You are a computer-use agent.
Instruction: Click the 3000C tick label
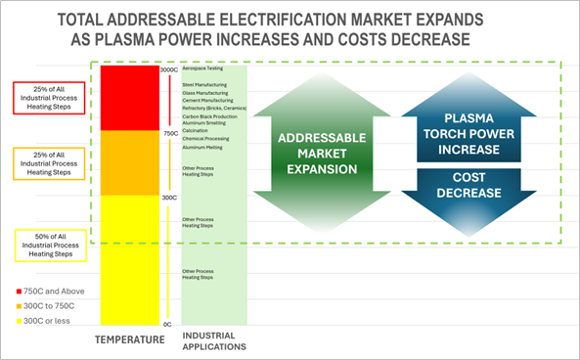(169, 70)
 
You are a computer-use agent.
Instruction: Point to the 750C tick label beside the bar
(169, 133)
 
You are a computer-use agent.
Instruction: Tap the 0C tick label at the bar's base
(167, 324)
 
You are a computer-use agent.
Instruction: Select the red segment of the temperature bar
(129, 98)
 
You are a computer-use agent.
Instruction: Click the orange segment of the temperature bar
(129, 162)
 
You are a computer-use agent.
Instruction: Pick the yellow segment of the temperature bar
(129, 259)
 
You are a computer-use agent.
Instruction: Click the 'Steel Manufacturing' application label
(204, 85)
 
